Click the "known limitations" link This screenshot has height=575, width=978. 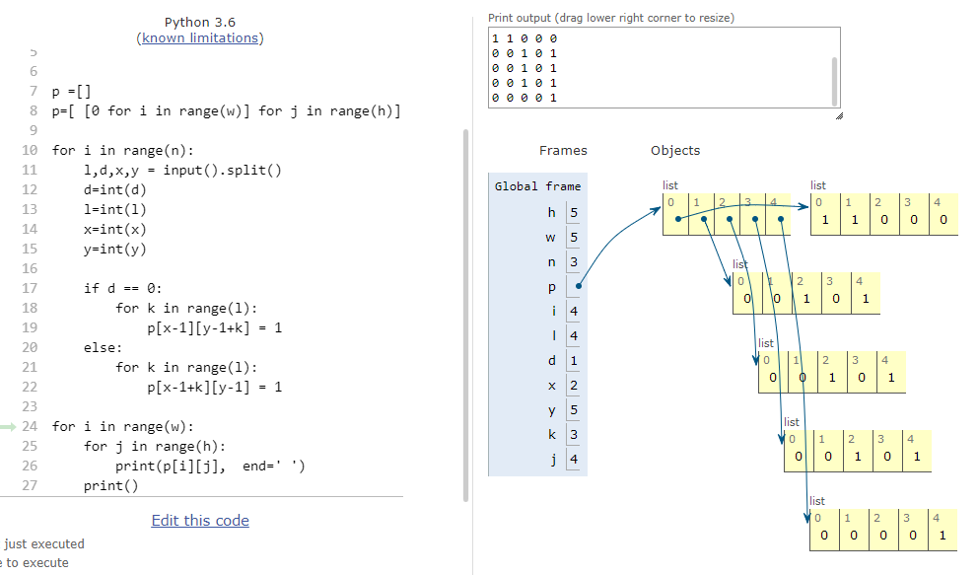199,38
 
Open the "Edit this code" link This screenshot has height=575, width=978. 200,521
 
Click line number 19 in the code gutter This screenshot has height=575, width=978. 30,327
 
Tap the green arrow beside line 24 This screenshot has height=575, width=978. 8,427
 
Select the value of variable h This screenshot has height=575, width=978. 574,213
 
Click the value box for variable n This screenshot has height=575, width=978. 574,262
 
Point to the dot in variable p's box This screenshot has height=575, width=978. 579,286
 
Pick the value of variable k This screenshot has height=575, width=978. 574,435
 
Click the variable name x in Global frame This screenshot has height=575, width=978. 551,386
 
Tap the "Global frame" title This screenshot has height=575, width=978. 537,185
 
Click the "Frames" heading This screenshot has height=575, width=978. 563,150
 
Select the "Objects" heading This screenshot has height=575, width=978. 675,150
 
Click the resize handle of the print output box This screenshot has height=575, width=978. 839,115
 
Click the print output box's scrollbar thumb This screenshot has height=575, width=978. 834,82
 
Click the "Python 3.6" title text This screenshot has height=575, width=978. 199,23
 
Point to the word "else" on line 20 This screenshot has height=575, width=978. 100,347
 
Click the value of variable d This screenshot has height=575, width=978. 574,360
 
